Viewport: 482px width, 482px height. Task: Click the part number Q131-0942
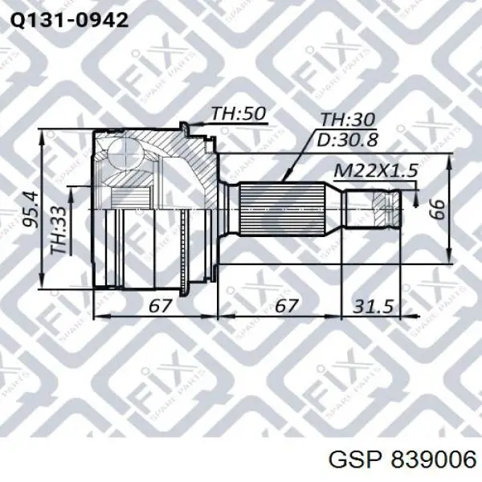(x=69, y=21)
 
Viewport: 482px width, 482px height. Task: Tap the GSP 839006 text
(x=402, y=460)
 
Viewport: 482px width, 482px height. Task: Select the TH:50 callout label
(x=239, y=113)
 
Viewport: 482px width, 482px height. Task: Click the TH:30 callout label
(x=348, y=119)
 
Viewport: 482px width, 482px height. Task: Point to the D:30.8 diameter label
(x=347, y=140)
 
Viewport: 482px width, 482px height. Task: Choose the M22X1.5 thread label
(x=376, y=170)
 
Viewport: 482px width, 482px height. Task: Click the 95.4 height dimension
(x=32, y=210)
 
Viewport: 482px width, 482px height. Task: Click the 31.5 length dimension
(x=374, y=306)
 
